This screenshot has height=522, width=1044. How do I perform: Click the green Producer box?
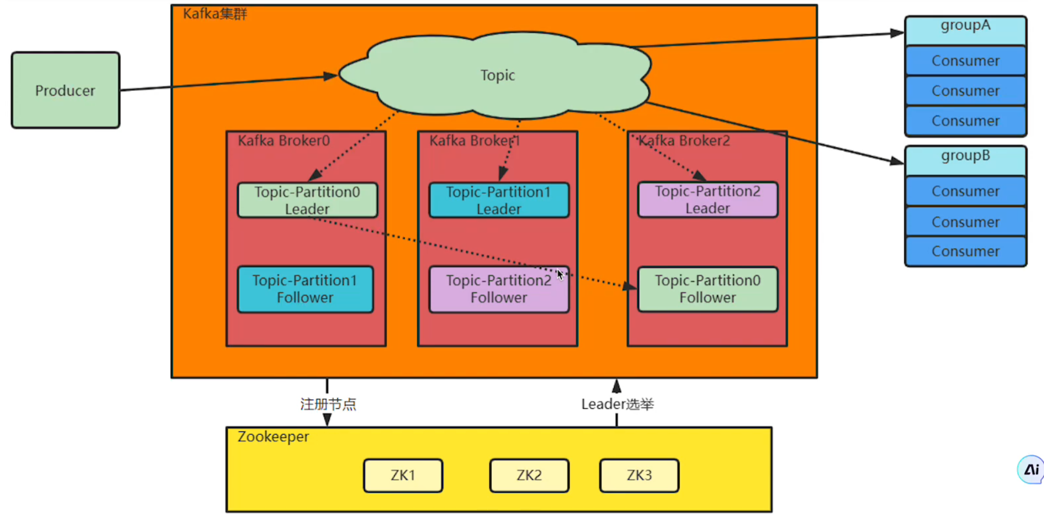point(65,90)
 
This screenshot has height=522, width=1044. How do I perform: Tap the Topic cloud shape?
point(497,75)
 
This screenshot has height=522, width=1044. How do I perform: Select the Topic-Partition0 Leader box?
point(307,200)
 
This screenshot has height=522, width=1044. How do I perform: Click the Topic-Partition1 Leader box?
point(499,200)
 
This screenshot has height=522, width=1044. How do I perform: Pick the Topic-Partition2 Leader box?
point(707,200)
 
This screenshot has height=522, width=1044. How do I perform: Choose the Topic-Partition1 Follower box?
point(305,289)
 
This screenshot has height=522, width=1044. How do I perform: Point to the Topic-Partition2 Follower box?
point(499,289)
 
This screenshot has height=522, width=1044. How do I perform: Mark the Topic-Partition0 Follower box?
point(707,289)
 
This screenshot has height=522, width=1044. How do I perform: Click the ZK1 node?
point(403,476)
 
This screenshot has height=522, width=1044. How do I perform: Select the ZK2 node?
point(529,476)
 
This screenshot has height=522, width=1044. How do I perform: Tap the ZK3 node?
point(639,476)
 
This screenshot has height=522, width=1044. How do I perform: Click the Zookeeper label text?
point(273,437)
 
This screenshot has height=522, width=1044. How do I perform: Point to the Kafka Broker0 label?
point(284,141)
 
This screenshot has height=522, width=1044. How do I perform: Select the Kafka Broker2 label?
point(684,141)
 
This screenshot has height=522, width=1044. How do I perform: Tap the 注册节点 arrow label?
point(328,404)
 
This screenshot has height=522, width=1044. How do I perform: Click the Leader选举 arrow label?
point(617,404)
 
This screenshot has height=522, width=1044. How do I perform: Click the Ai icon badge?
point(1031,470)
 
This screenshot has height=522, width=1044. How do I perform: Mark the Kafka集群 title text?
point(215,14)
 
